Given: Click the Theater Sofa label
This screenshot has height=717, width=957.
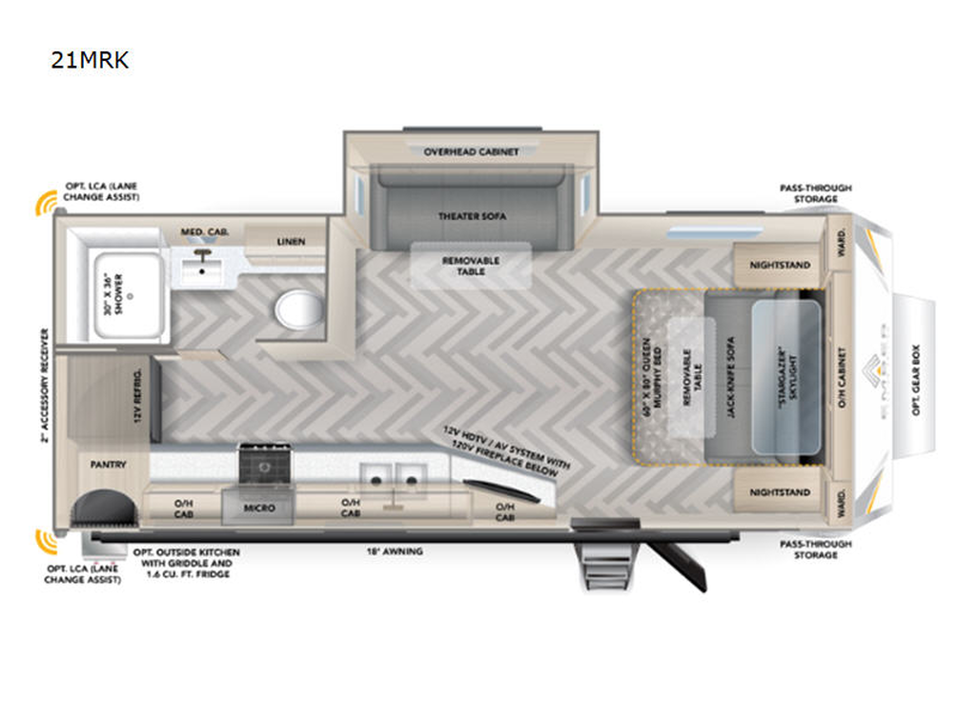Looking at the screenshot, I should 472,216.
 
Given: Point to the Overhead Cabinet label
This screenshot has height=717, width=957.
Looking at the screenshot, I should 472,151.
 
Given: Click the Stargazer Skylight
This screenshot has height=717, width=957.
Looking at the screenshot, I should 785,377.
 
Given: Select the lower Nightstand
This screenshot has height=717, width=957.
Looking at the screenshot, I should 779,492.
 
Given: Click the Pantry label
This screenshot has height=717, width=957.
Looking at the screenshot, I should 108,465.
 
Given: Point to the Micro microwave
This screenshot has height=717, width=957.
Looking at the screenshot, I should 259,508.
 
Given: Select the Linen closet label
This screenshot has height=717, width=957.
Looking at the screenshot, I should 292,242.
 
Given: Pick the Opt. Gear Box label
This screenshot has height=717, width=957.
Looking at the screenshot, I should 916,375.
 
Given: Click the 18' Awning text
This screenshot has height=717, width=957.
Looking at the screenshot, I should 394,551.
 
